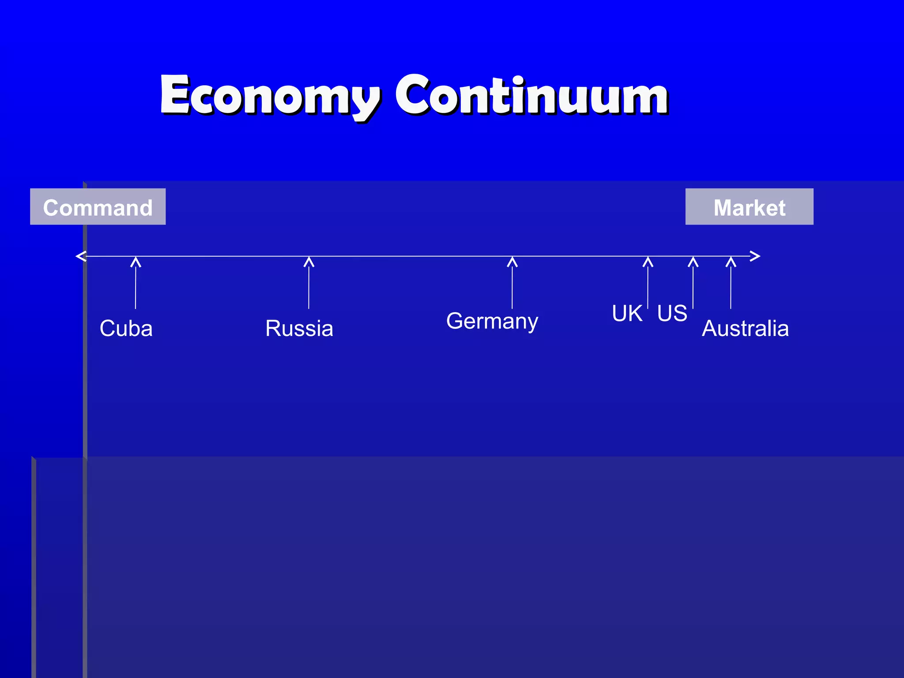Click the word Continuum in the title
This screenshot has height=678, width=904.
531,94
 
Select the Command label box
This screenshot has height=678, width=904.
98,207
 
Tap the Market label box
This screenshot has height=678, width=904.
749,207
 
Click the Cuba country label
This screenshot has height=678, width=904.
126,328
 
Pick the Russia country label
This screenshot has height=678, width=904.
299,328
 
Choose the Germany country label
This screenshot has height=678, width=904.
492,321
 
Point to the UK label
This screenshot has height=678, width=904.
627,313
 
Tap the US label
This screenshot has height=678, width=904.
672,313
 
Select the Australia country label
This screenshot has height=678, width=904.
745,328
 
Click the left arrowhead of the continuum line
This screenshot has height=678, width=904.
80,256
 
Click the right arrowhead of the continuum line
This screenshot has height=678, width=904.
755,256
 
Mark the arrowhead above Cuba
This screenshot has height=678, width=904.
136,262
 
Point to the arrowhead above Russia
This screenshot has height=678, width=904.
309,262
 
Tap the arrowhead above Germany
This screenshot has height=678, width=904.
512,262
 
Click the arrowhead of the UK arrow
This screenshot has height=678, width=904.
648,262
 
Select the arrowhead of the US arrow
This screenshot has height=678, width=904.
693,262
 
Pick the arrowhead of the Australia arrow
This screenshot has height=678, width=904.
731,262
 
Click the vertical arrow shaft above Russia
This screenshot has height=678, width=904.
309,287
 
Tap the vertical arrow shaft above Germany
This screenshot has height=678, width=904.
512,287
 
